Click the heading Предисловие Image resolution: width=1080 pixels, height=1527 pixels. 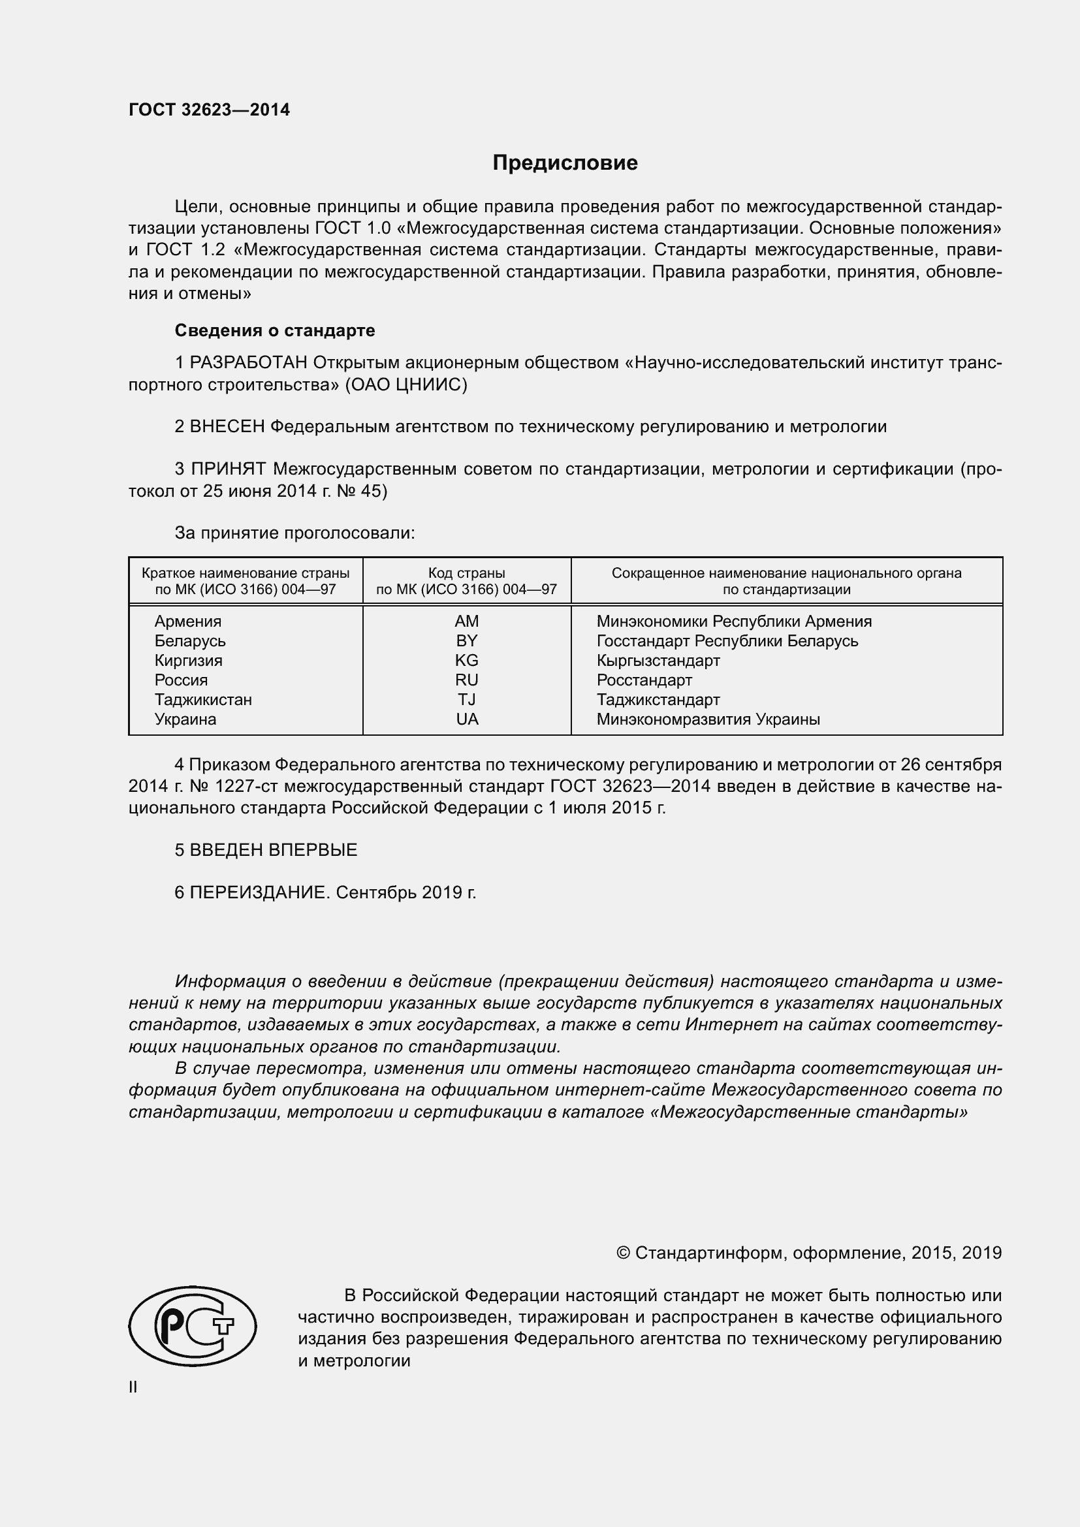565,163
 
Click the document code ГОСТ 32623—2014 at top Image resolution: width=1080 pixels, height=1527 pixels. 209,110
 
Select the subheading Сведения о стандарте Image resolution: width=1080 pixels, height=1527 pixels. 275,330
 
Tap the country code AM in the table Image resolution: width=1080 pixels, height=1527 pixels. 466,621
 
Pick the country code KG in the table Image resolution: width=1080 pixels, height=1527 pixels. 466,661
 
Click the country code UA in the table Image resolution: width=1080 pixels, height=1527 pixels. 467,719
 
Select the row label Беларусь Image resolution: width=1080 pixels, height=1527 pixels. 189,641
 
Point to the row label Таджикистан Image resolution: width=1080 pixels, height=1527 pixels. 203,700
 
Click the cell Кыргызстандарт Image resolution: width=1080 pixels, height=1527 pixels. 658,661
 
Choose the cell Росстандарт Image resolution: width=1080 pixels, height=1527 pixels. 644,680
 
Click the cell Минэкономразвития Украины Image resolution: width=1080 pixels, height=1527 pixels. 708,719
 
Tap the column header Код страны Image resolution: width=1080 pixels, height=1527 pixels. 466,573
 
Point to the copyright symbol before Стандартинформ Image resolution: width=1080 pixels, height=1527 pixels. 623,1253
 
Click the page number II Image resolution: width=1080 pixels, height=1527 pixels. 133,1387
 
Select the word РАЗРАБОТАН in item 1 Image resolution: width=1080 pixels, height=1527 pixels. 249,363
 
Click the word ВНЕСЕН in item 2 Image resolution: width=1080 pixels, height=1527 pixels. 227,427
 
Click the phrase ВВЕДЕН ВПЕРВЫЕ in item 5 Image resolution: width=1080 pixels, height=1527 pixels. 274,850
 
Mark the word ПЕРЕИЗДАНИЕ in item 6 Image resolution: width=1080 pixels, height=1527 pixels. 259,892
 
